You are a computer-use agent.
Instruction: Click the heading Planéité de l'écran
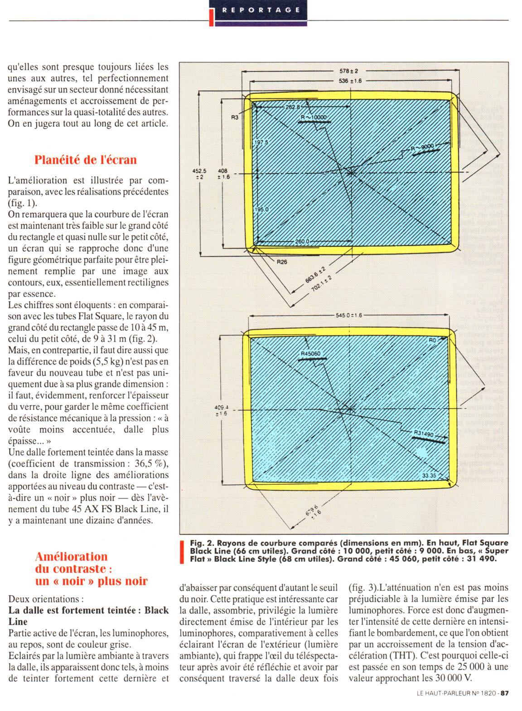[x=86, y=160]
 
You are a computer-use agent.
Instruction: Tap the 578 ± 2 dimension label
[x=348, y=71]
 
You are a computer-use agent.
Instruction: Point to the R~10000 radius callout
[x=313, y=117]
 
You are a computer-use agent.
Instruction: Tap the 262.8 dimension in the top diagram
[x=293, y=107]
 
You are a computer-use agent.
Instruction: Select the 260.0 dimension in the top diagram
[x=302, y=241]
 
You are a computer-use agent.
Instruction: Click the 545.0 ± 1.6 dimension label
[x=348, y=315]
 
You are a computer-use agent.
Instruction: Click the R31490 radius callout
[x=424, y=434]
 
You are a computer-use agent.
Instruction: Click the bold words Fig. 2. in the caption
[x=202, y=543]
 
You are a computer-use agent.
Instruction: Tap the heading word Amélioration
[x=72, y=556]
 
